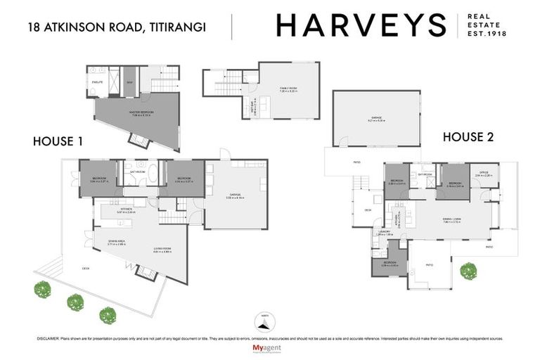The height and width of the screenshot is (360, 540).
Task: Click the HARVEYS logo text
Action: tap(361, 25)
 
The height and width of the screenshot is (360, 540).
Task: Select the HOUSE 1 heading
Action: tap(58, 141)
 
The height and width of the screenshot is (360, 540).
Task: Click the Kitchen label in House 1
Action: tap(127, 210)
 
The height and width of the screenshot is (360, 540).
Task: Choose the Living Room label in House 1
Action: tap(163, 250)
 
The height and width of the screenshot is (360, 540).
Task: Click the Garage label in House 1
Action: tap(235, 195)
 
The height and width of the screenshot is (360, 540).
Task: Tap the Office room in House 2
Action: tap(484, 174)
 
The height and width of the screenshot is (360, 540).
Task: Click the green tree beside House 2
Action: tap(468, 270)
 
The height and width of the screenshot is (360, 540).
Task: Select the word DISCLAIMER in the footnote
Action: tap(50, 338)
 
